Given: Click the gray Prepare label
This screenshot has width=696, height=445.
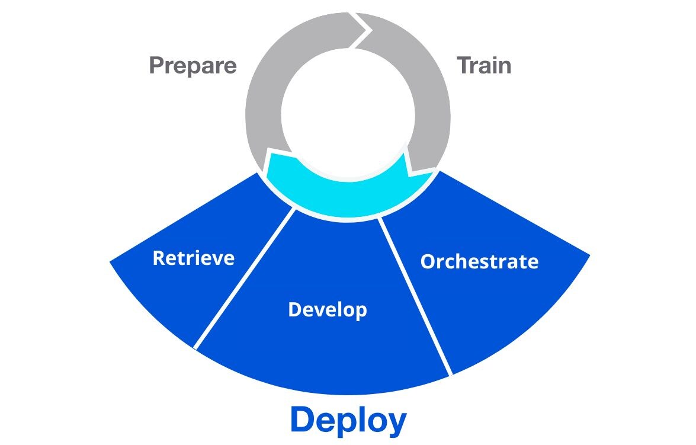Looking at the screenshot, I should (x=193, y=65).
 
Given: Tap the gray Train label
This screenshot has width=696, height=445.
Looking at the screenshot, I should (x=484, y=65).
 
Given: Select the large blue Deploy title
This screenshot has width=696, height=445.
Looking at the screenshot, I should (x=348, y=420).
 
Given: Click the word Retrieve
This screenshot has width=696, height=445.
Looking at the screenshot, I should (x=194, y=258).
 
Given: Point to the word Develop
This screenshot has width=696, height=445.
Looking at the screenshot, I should (x=328, y=309).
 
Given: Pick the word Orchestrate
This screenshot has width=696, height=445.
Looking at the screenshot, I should (x=479, y=261).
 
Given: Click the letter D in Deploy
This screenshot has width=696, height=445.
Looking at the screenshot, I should (x=303, y=420).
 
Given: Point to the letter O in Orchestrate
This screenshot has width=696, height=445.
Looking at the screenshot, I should (x=428, y=261).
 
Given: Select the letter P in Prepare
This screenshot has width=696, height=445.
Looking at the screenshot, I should (x=156, y=65).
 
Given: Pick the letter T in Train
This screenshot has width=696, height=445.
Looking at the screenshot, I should (x=464, y=65).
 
